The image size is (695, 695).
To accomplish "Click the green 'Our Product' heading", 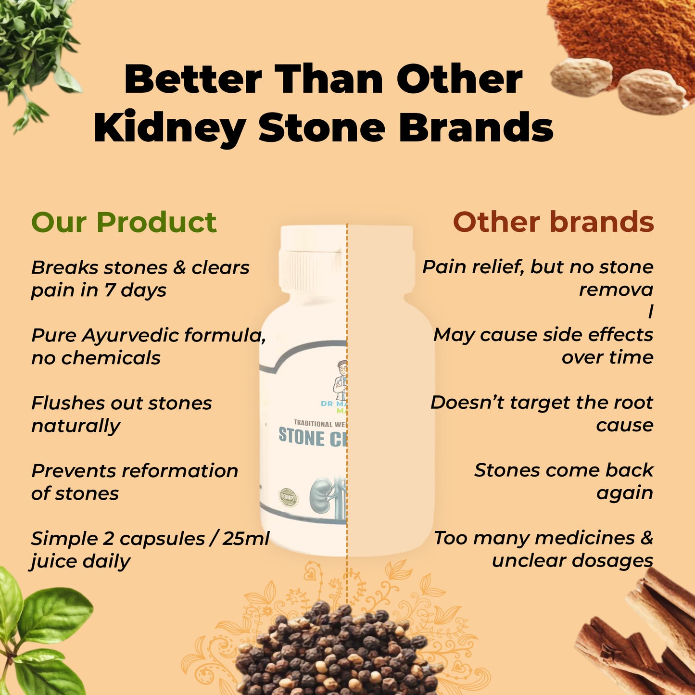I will (x=124, y=223).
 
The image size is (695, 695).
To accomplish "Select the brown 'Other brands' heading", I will (x=553, y=223).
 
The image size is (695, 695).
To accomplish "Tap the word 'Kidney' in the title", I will (x=170, y=128).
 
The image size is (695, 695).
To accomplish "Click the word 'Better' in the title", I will (x=193, y=79).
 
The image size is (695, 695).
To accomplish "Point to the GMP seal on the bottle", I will (x=288, y=497).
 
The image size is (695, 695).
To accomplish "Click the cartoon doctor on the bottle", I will (x=341, y=380).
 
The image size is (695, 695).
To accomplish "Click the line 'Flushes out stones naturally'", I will (x=121, y=415).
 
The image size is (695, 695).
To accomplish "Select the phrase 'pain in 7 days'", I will (x=99, y=291).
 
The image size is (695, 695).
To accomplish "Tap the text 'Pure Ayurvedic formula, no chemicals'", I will (x=148, y=347).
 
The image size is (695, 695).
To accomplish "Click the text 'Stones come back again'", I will (x=564, y=481).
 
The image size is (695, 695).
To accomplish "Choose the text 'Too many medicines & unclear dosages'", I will (x=543, y=549).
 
